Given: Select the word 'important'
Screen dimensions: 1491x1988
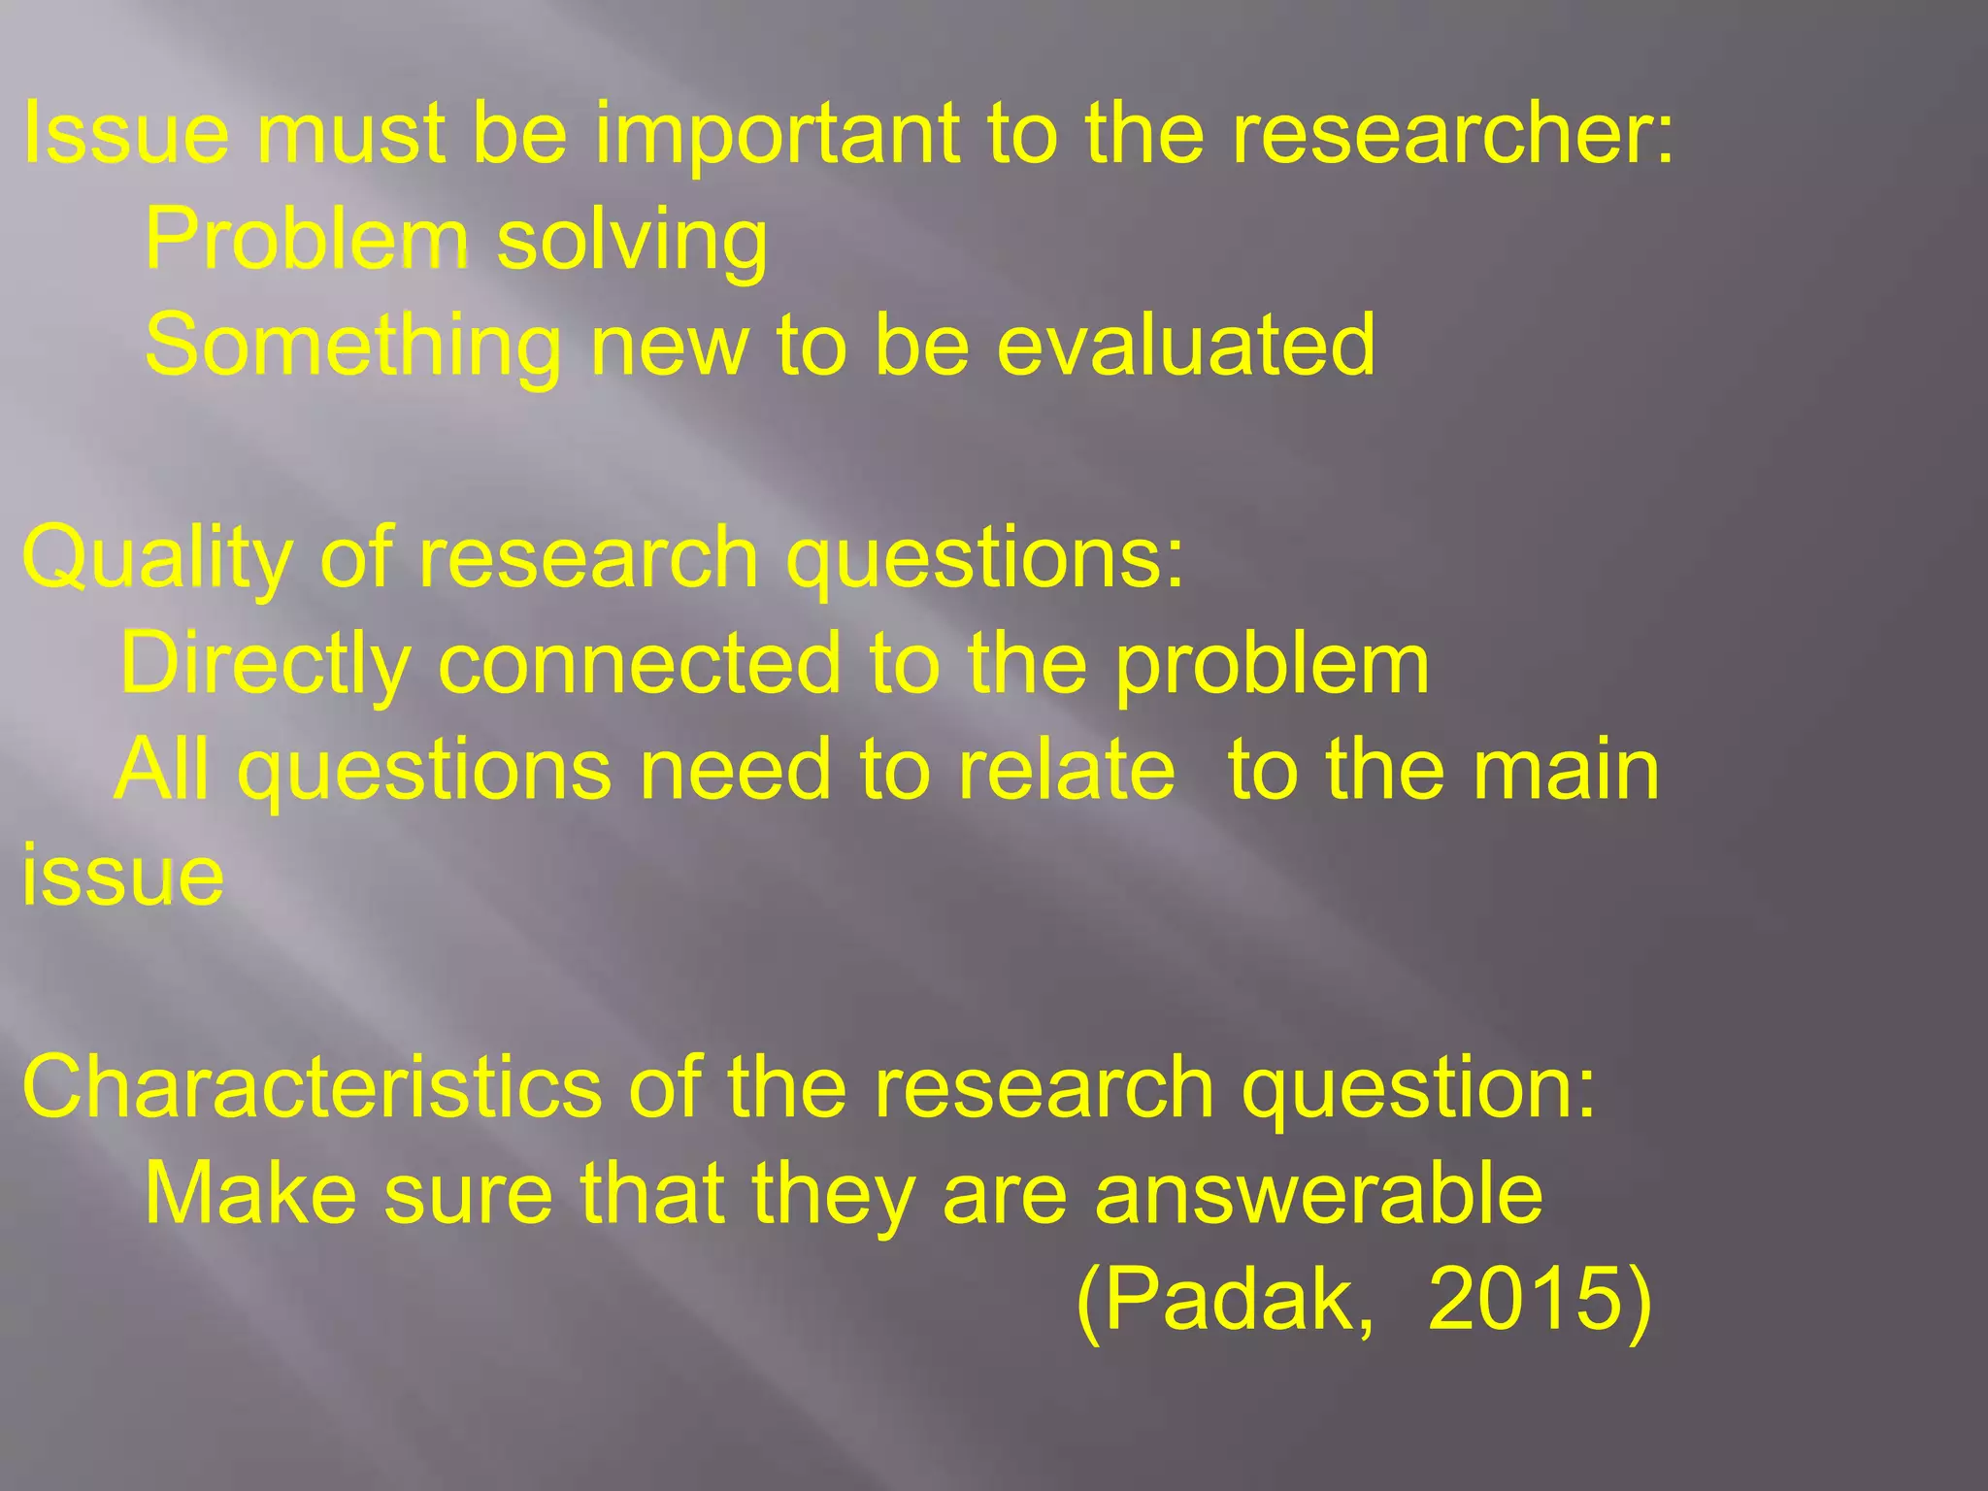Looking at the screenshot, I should point(777,136).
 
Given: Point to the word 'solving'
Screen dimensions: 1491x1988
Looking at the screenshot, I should point(632,242).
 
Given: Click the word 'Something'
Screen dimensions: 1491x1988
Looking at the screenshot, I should point(352,348).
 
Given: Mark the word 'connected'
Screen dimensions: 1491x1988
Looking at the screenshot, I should point(640,664).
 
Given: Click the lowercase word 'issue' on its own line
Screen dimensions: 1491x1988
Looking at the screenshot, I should point(123,876).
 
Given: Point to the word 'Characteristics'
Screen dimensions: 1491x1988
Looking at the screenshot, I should point(312,1087).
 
